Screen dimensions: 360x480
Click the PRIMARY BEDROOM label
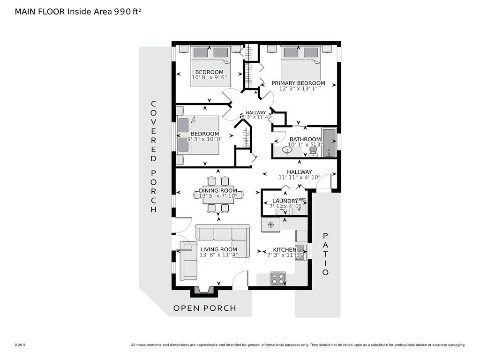(298, 83)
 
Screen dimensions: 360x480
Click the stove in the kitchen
(278, 278)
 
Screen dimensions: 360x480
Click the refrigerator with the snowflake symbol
(270, 225)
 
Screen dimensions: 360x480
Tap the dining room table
(218, 195)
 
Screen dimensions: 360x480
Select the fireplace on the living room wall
(204, 291)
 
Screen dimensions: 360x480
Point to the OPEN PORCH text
(205, 308)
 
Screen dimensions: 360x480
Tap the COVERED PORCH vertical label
(153, 157)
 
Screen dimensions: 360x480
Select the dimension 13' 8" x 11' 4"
(218, 255)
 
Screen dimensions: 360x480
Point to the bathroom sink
(286, 150)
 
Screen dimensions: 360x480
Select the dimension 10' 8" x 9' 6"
(209, 77)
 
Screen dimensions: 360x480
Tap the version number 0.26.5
(20, 345)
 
